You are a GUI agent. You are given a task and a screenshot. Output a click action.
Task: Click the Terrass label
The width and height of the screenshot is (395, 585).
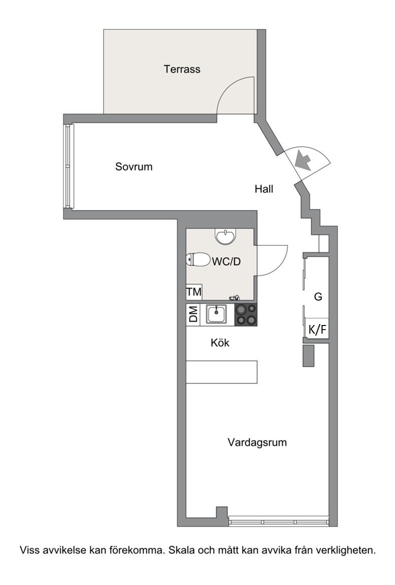(182, 70)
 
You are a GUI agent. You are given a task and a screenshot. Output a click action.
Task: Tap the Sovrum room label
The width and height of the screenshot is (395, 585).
(134, 167)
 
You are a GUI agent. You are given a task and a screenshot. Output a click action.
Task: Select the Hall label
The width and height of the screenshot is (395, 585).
(264, 189)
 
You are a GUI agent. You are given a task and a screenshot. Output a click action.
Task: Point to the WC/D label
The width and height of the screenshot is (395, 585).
(226, 262)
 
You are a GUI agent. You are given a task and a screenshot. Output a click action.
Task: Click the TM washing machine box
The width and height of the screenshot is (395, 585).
(194, 292)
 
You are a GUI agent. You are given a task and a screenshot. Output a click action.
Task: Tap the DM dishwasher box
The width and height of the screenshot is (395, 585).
(193, 314)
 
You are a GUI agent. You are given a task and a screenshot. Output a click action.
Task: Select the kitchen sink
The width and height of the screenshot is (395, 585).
(217, 314)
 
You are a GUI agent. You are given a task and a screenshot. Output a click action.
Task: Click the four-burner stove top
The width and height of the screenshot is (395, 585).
(246, 314)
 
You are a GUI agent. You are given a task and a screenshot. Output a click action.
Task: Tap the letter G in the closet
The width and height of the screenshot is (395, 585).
(318, 297)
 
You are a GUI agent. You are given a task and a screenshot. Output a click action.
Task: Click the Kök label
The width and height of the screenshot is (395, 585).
(220, 342)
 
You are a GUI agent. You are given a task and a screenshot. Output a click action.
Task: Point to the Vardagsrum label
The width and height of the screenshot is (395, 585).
(257, 442)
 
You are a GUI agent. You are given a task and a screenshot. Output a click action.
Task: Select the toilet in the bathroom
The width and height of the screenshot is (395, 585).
(198, 259)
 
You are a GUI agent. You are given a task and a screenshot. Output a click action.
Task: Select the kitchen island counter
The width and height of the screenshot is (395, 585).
(222, 372)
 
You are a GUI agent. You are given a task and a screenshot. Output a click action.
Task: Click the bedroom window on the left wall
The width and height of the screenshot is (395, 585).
(68, 166)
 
